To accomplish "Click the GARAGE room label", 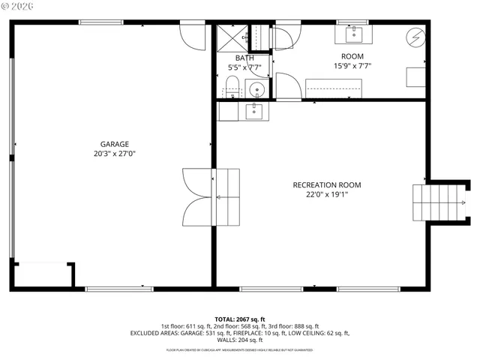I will (115, 144).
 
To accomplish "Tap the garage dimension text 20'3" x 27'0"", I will (115, 154).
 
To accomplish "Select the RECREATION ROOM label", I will (327, 184).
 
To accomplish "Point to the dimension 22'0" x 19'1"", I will (327, 194).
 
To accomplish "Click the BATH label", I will (244, 58).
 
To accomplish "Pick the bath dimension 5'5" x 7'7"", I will (244, 67).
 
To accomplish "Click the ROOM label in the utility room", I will (352, 56).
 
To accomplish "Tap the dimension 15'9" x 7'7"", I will (352, 66).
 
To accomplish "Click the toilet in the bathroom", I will (232, 87).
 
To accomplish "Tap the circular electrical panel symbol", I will (413, 37).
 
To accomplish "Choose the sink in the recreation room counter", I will (254, 111).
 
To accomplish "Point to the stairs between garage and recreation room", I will (227, 195).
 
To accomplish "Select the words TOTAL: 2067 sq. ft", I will (240, 319).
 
